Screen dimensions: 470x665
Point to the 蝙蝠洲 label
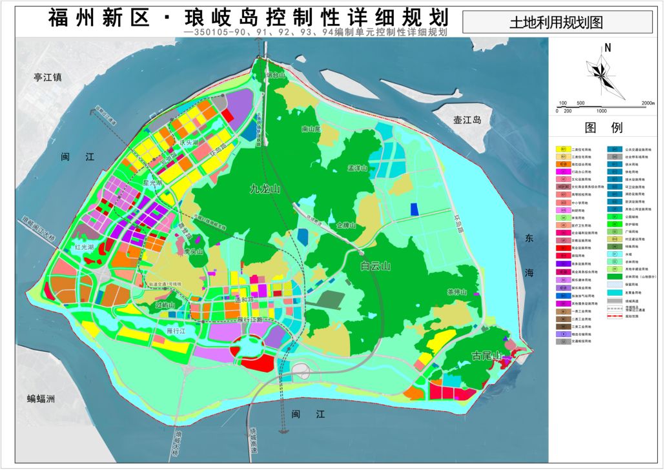[x=36, y=398]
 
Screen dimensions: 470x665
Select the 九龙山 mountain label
[x=265, y=189]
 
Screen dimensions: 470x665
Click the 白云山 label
[x=376, y=266]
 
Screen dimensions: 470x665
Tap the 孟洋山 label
[x=357, y=168]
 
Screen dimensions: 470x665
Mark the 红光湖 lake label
[x=84, y=247]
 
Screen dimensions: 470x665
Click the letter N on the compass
[x=608, y=48]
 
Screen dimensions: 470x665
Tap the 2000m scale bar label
[x=648, y=103]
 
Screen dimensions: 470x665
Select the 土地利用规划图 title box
[x=556, y=23]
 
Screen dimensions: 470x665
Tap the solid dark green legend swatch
[x=615, y=276]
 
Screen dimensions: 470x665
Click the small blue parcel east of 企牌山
[x=414, y=209]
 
